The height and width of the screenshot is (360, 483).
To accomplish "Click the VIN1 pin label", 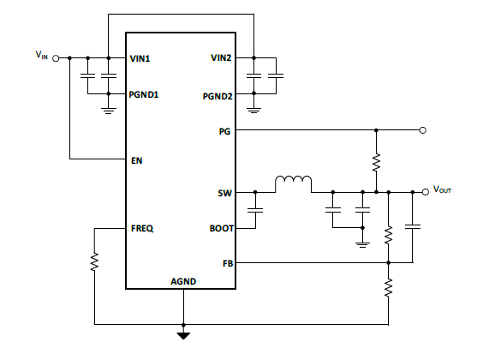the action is pyautogui.click(x=140, y=58).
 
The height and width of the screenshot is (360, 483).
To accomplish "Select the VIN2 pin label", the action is pyautogui.click(x=221, y=58).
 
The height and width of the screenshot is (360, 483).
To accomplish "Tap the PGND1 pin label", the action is pyautogui.click(x=144, y=94).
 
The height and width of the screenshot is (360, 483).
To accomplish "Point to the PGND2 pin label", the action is pyautogui.click(x=218, y=97).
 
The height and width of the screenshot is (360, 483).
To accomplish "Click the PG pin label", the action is pyautogui.click(x=224, y=132).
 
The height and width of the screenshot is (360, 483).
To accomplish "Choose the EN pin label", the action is pyautogui.click(x=137, y=161).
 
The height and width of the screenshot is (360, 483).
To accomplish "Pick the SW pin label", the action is pyautogui.click(x=225, y=193).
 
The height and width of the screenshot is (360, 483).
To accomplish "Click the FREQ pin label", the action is pyautogui.click(x=142, y=228).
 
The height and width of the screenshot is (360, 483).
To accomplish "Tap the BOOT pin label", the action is pyautogui.click(x=222, y=228).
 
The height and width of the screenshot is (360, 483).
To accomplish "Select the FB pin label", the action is pyautogui.click(x=228, y=263).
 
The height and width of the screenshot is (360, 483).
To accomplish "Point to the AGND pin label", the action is pyautogui.click(x=183, y=281).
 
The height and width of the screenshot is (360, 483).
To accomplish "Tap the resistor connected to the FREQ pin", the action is pyautogui.click(x=94, y=261).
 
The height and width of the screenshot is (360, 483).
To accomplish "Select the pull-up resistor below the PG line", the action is pyautogui.click(x=376, y=162).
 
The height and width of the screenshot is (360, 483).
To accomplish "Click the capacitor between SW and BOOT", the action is pyautogui.click(x=255, y=210).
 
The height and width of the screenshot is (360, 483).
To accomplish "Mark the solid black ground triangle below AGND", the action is pyautogui.click(x=183, y=336).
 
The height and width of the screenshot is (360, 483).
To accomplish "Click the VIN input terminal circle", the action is pyautogui.click(x=56, y=58).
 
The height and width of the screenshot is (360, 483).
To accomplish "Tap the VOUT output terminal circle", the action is pyautogui.click(x=426, y=192).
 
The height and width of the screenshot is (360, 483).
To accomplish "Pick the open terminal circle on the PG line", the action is pyautogui.click(x=423, y=130).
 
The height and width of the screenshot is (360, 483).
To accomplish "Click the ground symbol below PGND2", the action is pyautogui.click(x=253, y=111).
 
